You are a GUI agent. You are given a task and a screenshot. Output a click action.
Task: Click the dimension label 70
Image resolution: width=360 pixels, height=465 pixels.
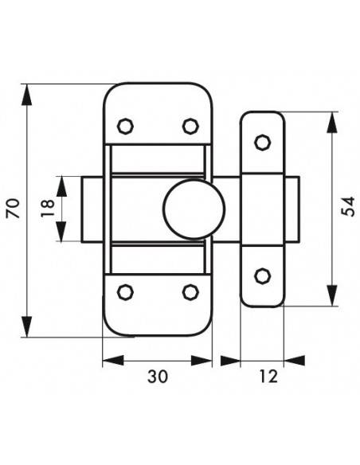tap(13, 209)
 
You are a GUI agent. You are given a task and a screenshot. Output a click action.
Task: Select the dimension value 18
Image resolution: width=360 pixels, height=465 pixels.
tap(48, 209)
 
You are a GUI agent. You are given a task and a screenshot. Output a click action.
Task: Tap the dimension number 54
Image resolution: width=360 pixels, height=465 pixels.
tap(348, 207)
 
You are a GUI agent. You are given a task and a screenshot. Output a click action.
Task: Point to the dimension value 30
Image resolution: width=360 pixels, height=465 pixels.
tap(158, 377)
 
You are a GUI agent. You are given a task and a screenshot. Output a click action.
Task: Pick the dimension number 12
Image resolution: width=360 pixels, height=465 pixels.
tap(268, 377)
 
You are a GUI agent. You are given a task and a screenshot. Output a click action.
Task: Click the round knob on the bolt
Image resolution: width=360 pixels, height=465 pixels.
tap(194, 209)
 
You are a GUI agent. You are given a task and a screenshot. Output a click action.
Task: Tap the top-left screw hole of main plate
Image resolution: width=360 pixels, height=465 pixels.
tap(125, 127)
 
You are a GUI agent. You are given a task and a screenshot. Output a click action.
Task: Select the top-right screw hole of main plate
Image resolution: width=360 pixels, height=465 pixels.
tap(190, 127)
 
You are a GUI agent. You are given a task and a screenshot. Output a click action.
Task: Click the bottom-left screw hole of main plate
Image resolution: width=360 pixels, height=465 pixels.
tap(125, 292)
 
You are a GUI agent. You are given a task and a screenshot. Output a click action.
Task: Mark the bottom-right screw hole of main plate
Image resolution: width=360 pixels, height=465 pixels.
tap(190, 292)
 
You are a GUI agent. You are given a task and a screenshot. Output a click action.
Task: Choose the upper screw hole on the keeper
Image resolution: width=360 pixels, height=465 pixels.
tap(263, 143)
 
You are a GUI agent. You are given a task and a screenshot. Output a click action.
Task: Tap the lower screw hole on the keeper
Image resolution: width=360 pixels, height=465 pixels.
tap(263, 276)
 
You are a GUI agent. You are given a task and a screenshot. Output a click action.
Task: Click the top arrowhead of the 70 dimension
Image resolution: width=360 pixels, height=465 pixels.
tap(27, 94)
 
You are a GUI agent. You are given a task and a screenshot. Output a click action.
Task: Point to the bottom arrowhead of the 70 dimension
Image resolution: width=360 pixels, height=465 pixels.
tap(27, 326)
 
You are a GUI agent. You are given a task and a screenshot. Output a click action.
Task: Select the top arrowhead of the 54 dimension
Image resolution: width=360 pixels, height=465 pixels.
tap(332, 122)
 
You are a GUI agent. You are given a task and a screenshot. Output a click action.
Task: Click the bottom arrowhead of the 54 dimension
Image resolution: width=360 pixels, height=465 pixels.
tap(332, 295)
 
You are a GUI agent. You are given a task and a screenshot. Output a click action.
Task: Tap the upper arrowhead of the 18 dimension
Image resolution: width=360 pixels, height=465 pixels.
tap(61, 186)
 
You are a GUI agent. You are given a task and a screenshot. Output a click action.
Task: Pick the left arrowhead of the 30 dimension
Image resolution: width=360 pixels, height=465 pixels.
tap(113, 361)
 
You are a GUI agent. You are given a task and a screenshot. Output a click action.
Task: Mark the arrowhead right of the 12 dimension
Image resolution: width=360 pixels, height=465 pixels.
tap(294, 361)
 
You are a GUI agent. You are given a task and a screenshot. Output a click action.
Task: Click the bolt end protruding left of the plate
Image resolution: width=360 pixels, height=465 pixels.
tap(92, 209)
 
